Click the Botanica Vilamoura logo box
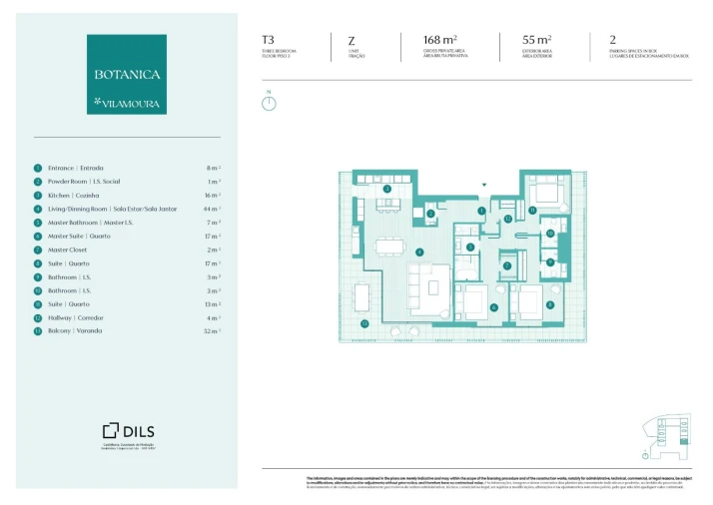[x=127, y=74]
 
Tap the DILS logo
[x=127, y=430]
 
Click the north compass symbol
[x=269, y=102]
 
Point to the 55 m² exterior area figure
[x=522, y=40]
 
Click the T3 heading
[x=268, y=40]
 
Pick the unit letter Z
[x=352, y=40]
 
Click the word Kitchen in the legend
[x=59, y=196]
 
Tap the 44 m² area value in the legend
[x=212, y=209]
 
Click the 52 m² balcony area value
[x=212, y=330]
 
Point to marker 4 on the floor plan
[x=420, y=252]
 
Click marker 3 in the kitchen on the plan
[x=387, y=189]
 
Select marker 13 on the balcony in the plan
[x=365, y=323]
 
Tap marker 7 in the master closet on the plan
[x=506, y=265]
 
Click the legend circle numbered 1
[x=38, y=169]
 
